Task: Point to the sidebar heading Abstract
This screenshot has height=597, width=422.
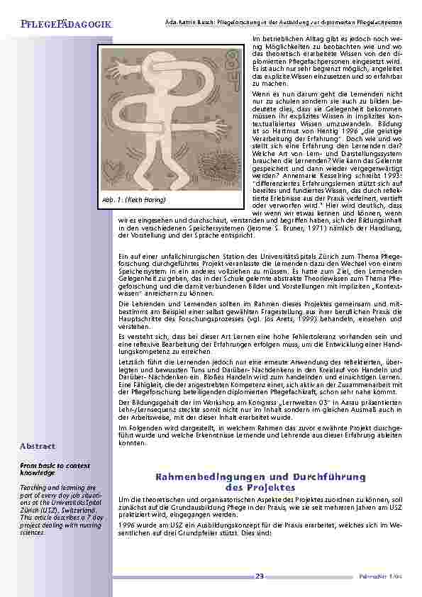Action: (38, 446)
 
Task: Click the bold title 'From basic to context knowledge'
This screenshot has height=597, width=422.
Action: (43, 468)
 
